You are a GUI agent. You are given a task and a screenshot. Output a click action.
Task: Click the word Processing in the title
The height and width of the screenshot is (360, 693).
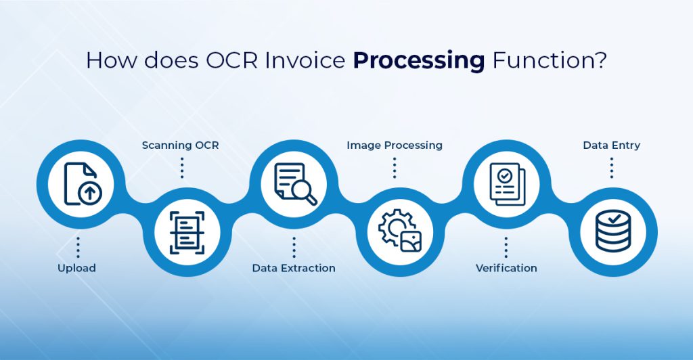tap(418, 61)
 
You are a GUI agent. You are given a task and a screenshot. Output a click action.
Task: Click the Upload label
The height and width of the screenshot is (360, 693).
tap(76, 268)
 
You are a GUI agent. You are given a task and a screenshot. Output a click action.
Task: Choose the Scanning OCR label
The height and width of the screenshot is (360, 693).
tap(181, 145)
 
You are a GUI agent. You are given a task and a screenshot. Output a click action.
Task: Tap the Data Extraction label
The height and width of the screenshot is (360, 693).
tap(294, 268)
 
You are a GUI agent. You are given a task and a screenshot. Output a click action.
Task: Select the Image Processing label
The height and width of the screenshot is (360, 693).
tap(395, 145)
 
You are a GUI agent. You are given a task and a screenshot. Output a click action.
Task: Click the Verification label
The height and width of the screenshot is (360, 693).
tap(506, 268)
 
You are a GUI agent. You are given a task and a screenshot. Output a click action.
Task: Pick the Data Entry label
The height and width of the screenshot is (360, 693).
tap(612, 145)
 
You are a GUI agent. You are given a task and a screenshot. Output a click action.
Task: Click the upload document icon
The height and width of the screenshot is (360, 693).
tap(79, 183)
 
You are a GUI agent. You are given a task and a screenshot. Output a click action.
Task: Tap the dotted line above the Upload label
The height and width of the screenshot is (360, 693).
tap(79, 247)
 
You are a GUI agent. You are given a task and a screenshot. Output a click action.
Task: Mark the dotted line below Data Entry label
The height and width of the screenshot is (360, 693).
tap(612, 167)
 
